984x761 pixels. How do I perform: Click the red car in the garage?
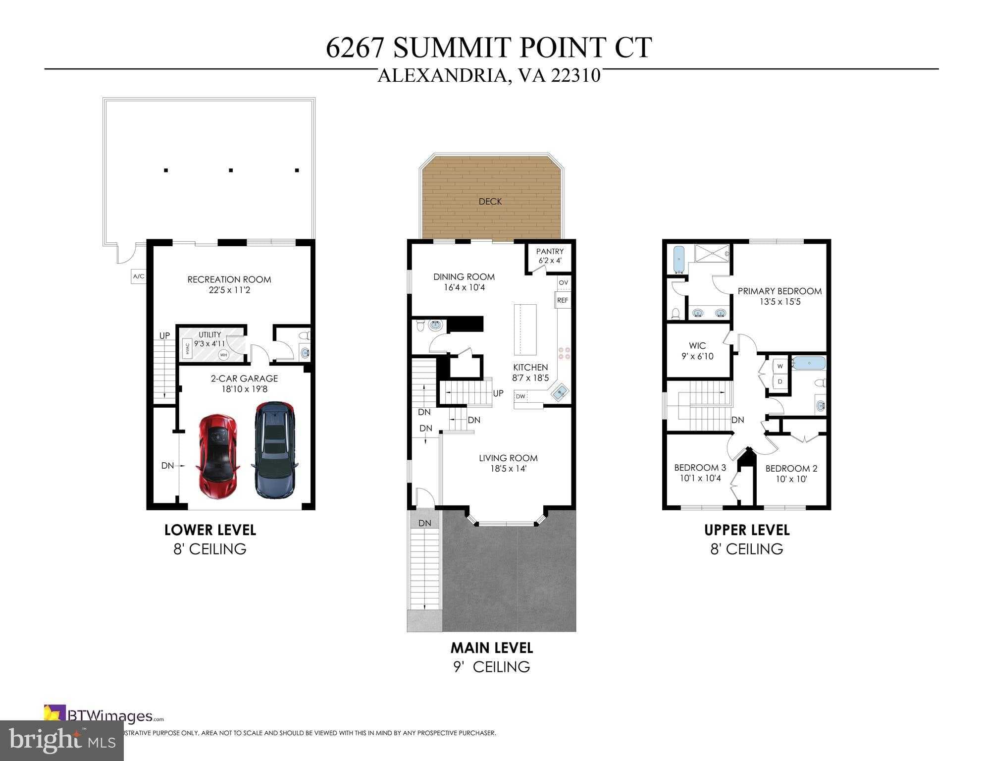(x=218, y=456)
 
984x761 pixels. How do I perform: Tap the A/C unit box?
(x=139, y=276)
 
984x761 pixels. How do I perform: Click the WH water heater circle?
(x=223, y=355)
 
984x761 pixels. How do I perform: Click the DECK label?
(x=490, y=202)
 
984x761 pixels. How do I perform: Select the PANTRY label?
(x=549, y=252)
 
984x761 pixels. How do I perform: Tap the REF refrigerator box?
(x=563, y=300)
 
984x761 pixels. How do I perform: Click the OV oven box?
(x=563, y=282)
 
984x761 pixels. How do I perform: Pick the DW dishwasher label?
(x=520, y=396)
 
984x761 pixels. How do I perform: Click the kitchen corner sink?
(x=560, y=393)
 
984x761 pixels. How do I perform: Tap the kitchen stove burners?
(x=564, y=353)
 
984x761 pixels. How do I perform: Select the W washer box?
(x=780, y=367)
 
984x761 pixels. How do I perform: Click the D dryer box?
(x=780, y=382)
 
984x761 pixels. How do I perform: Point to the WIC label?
(x=697, y=346)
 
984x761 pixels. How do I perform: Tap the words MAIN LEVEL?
(x=491, y=648)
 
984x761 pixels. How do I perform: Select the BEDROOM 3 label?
(x=700, y=468)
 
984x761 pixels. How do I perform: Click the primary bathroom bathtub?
(x=679, y=261)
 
